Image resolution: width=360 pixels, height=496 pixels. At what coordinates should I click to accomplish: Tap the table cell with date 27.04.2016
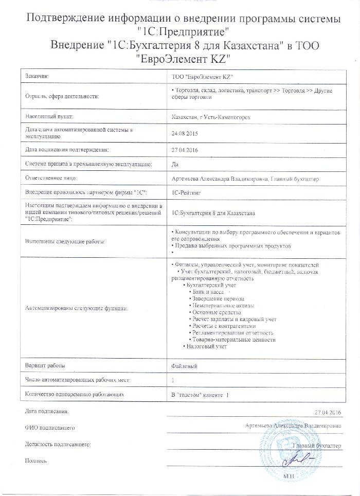[x=184, y=150]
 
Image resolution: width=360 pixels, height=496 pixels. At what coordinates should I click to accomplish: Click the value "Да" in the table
[x=174, y=165]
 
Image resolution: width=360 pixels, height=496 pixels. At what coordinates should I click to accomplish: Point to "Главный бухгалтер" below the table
[x=317, y=444]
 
